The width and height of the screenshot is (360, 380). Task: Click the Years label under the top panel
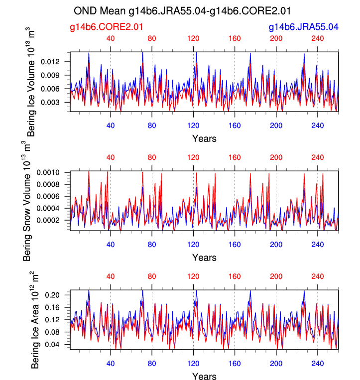tap(204, 138)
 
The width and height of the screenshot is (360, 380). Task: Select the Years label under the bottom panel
tap(204, 377)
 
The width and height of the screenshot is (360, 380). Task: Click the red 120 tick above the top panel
tap(193, 38)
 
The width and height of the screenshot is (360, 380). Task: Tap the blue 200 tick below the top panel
tap(276, 126)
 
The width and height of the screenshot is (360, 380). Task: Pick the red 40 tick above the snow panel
tap(111, 157)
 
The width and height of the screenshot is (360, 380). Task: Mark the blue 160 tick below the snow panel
tap(235, 245)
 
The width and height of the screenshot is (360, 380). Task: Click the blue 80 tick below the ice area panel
tap(152, 364)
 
